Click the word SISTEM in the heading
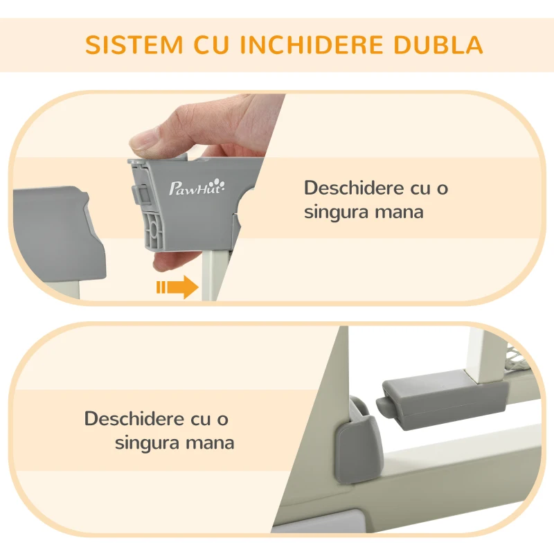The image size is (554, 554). point(134,44)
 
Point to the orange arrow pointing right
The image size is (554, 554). point(177,287)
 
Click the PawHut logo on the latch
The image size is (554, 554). point(197,187)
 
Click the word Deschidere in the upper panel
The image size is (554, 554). point(354,188)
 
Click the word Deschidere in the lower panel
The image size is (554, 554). point(134,419)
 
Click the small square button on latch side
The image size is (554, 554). point(143,194)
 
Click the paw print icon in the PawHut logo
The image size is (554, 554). point(219,184)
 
